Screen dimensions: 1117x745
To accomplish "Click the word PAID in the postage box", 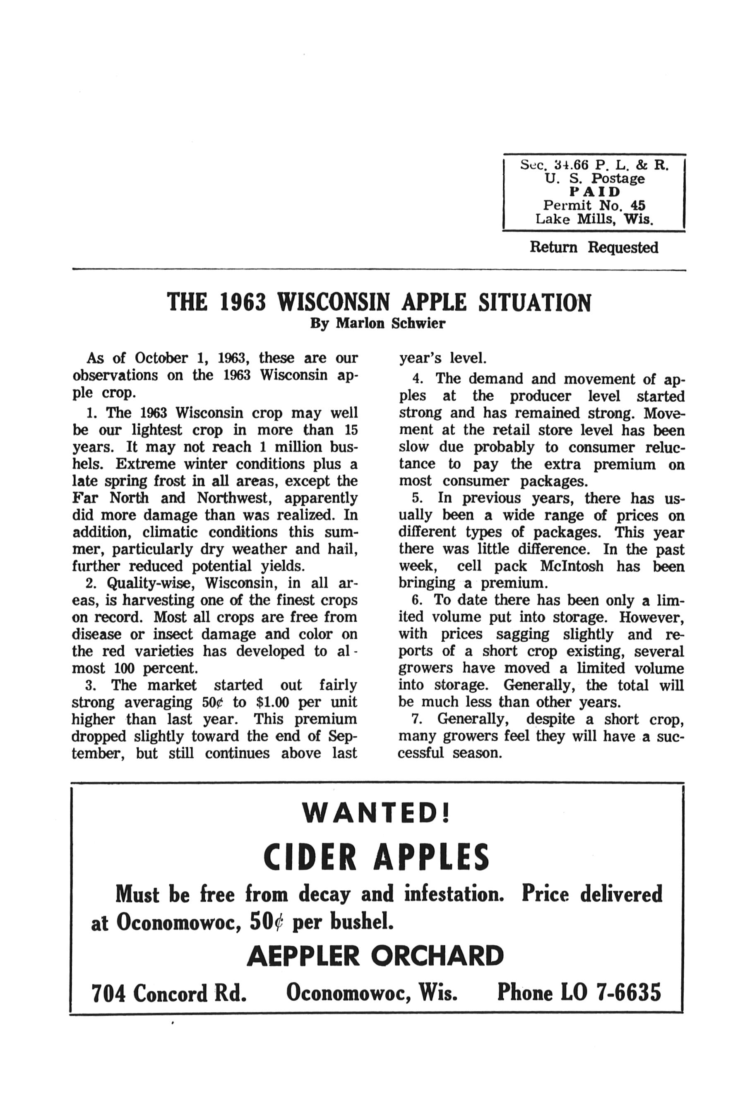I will (x=594, y=192).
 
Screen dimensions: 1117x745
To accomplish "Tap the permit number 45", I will (x=635, y=205).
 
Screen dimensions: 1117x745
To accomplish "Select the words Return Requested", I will (x=594, y=247).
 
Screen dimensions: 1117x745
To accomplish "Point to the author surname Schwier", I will (x=418, y=324).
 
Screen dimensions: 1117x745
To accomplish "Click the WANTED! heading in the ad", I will (x=376, y=813).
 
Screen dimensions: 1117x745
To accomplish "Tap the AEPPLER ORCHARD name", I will (x=375, y=956).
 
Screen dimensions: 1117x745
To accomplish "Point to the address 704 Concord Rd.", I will (x=169, y=993).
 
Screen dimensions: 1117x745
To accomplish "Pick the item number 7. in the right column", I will (x=417, y=719).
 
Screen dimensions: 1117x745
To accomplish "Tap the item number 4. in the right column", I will (x=418, y=379).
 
